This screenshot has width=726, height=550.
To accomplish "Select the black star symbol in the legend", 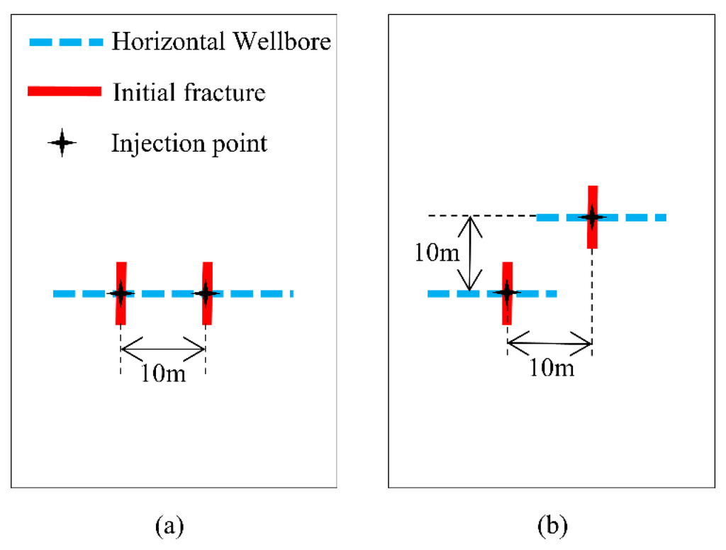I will (63, 144).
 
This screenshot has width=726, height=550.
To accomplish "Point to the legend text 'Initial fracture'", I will (189, 92).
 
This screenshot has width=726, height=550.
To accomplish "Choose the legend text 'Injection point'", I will (189, 143).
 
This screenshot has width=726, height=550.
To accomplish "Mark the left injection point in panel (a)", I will (121, 293).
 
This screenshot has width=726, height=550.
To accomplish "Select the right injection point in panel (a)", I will (206, 293).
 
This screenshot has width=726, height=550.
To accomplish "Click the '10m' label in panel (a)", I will (163, 373).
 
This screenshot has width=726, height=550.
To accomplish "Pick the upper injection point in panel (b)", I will (592, 217).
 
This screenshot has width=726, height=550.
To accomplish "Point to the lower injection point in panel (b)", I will (507, 292).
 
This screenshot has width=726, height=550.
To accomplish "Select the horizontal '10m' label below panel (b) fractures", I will (551, 368).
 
